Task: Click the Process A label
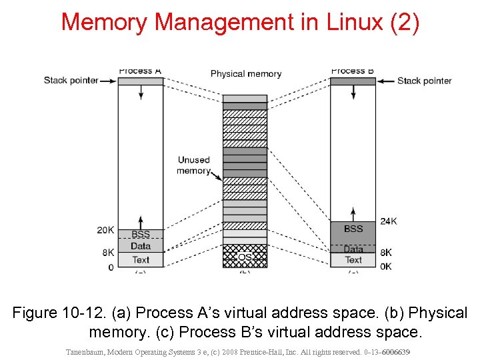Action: (x=140, y=71)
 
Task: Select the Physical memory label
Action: (x=246, y=73)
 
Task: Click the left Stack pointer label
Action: (x=71, y=81)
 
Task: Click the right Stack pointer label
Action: (x=424, y=81)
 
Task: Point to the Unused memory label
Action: (x=193, y=165)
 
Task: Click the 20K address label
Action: (x=105, y=230)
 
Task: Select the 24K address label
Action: (x=389, y=221)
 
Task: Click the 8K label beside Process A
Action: (x=108, y=253)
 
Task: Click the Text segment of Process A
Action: (x=141, y=260)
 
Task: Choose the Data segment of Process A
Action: (x=141, y=246)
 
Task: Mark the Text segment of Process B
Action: (x=353, y=260)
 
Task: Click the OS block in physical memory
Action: (x=245, y=257)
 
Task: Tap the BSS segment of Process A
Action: (x=141, y=234)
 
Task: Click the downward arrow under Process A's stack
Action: (x=141, y=93)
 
